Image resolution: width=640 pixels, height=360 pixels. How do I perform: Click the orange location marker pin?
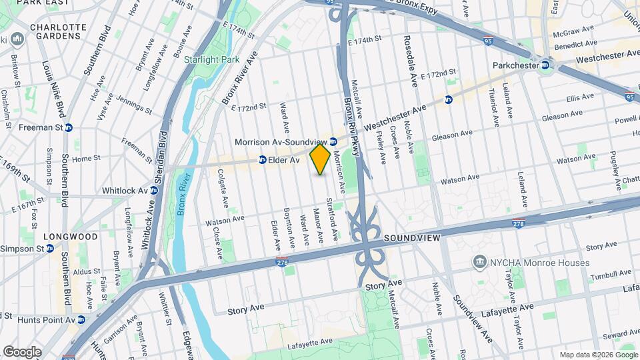320,159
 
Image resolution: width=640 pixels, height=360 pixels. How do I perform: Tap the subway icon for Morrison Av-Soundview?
333,141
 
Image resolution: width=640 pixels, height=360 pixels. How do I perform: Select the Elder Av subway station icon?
263,160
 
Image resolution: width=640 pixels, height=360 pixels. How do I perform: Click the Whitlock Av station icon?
154,190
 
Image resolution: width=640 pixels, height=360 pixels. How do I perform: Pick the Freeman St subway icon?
68,127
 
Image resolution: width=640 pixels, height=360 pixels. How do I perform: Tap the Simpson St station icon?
50,248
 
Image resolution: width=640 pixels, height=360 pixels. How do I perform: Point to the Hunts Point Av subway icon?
81,320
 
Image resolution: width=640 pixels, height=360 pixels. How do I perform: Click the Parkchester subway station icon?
545,65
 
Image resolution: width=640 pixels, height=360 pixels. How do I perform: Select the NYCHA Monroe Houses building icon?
479,263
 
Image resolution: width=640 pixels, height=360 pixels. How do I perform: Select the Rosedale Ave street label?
409,61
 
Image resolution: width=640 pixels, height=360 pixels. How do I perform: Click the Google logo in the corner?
23,351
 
